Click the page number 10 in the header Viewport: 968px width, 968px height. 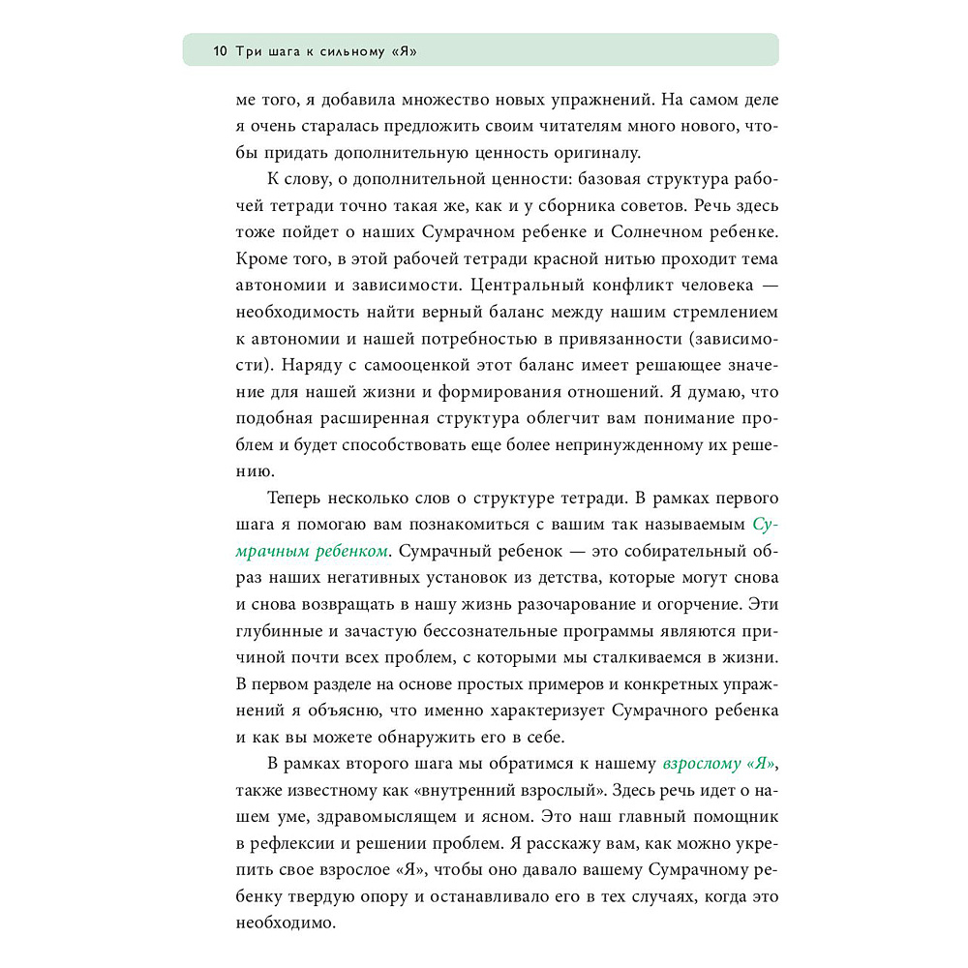pos(220,50)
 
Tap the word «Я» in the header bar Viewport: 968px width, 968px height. pos(408,50)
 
